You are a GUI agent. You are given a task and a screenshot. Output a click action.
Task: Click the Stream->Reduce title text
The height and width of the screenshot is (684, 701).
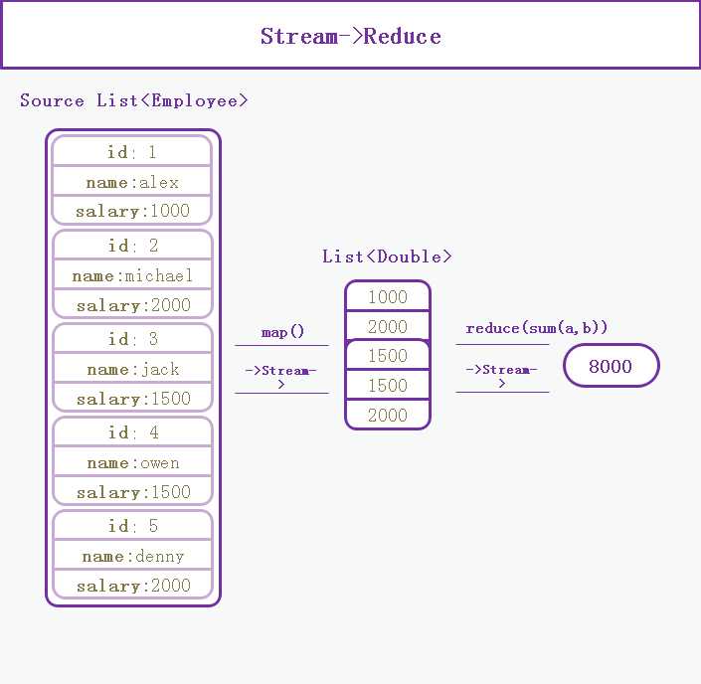coord(350,36)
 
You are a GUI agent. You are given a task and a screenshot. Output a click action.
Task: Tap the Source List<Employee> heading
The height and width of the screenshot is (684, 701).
coord(133,100)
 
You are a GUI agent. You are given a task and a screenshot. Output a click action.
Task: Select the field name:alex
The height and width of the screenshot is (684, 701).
coord(132,182)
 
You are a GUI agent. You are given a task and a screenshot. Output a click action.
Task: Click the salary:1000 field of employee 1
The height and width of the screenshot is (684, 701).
coord(132,211)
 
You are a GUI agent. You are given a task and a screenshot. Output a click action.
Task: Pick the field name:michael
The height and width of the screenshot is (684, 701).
coord(133,275)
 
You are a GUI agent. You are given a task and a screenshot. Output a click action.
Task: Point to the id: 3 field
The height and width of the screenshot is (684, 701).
coord(133,338)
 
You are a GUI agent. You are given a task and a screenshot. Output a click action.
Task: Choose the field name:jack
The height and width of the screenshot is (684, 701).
coord(133,369)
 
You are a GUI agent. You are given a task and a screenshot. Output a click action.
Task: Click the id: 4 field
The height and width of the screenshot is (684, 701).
coord(133,431)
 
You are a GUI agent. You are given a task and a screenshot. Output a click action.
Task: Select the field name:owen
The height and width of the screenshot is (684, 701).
coord(133,462)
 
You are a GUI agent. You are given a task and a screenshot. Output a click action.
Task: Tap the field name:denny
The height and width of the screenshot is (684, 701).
coord(133,556)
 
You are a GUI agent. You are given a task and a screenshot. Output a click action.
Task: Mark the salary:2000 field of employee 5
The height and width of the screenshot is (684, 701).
coord(133,585)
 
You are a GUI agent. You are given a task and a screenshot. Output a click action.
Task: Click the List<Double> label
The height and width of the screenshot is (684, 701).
coord(387,256)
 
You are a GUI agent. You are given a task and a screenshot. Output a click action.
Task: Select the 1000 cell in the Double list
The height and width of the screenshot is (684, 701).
coord(388,296)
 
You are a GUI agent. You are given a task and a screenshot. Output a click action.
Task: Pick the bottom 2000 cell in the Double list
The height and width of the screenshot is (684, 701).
coord(388,415)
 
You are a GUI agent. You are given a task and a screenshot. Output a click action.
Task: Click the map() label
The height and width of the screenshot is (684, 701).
coord(282,332)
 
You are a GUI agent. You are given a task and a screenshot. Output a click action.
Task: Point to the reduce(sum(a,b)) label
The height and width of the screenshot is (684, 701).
coord(537,328)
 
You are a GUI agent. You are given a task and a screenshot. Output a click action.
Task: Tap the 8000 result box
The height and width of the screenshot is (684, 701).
coord(612,366)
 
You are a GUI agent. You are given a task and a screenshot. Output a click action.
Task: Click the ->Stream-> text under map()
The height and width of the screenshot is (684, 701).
coord(280,377)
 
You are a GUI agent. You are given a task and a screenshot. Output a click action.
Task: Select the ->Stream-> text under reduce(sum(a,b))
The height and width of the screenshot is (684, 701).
coord(501,376)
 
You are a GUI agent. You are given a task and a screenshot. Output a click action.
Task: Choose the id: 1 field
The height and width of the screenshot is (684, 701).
coord(132,151)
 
